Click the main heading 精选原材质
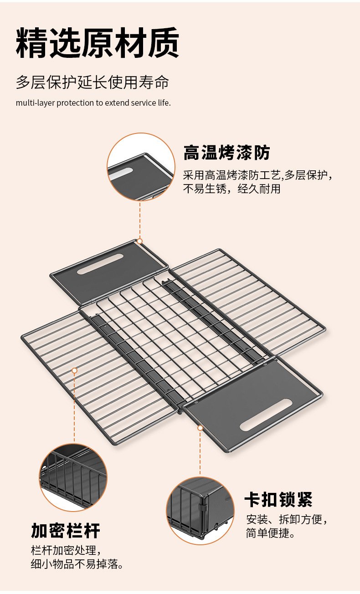98,43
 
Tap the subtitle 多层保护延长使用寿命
93,82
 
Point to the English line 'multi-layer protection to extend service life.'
93,102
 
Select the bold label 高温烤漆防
226,153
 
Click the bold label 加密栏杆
66,531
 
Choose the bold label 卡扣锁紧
278,500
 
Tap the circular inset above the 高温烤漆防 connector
141,167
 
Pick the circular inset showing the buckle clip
200,511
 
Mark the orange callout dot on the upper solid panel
140,241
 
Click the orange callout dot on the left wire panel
74,370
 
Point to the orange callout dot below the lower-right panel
200,428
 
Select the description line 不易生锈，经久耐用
231,189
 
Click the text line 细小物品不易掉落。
77,564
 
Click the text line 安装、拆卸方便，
287,519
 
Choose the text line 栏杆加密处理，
65,550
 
